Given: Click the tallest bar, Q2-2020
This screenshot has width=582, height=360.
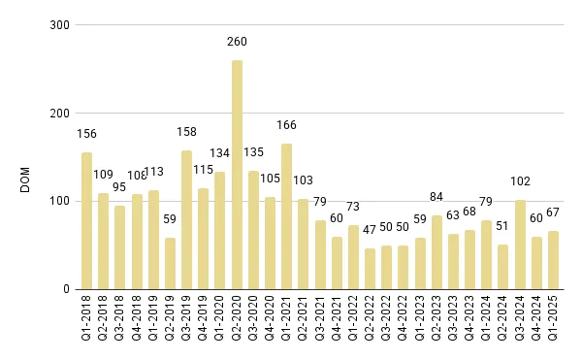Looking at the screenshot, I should point(237,175).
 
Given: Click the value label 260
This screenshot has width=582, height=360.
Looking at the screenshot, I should point(237,41).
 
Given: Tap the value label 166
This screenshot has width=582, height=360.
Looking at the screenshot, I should point(286,124).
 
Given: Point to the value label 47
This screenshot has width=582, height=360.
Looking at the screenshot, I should point(370,229).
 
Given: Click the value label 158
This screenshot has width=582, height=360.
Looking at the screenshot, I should point(186,131).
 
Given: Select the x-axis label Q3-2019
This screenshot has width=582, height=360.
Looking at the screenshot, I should point(186,322).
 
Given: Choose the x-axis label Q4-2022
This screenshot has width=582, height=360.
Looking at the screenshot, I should point(404,322).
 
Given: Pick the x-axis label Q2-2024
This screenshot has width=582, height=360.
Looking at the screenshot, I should point(503,322).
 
